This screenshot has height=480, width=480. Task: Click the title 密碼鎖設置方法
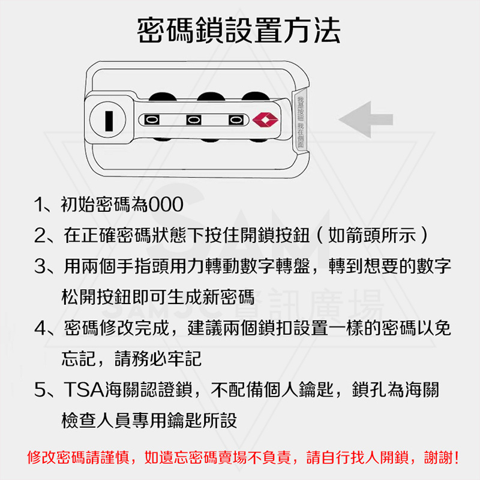point(239,31)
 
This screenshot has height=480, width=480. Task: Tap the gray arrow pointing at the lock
point(366,119)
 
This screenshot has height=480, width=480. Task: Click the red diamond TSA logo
point(265,119)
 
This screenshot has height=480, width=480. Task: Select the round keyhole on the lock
point(108,120)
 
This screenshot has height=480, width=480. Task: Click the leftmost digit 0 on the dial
point(152,119)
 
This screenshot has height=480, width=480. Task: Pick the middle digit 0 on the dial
point(194,119)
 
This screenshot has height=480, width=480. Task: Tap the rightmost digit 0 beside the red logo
point(236,119)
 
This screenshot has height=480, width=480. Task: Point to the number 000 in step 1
point(166,205)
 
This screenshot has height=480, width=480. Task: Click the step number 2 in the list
point(40,236)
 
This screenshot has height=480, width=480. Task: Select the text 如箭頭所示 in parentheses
point(372,235)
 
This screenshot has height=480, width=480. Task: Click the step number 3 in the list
point(40,266)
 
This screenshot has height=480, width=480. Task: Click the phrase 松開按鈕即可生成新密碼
point(158,296)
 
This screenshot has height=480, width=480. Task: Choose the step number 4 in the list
point(40,328)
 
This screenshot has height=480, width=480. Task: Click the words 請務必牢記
point(158,358)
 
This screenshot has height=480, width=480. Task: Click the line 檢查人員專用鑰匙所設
point(149,421)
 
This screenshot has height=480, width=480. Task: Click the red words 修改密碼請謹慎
point(79,458)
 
